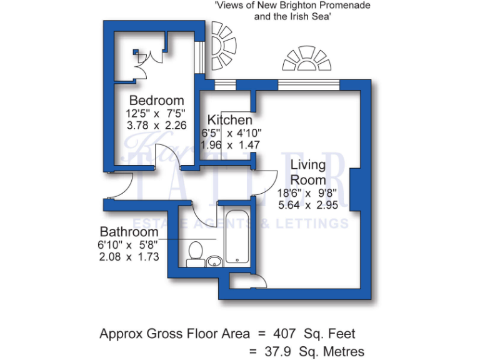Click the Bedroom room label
156,101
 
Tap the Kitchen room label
230,120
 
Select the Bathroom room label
127,232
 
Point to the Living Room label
309,172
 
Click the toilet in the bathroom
194,252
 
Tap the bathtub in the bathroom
237,237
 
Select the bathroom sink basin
214,260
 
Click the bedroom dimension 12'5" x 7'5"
156,114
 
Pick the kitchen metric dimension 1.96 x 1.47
230,144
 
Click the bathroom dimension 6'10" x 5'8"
129,244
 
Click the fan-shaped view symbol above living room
307,59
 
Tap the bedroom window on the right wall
199,57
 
